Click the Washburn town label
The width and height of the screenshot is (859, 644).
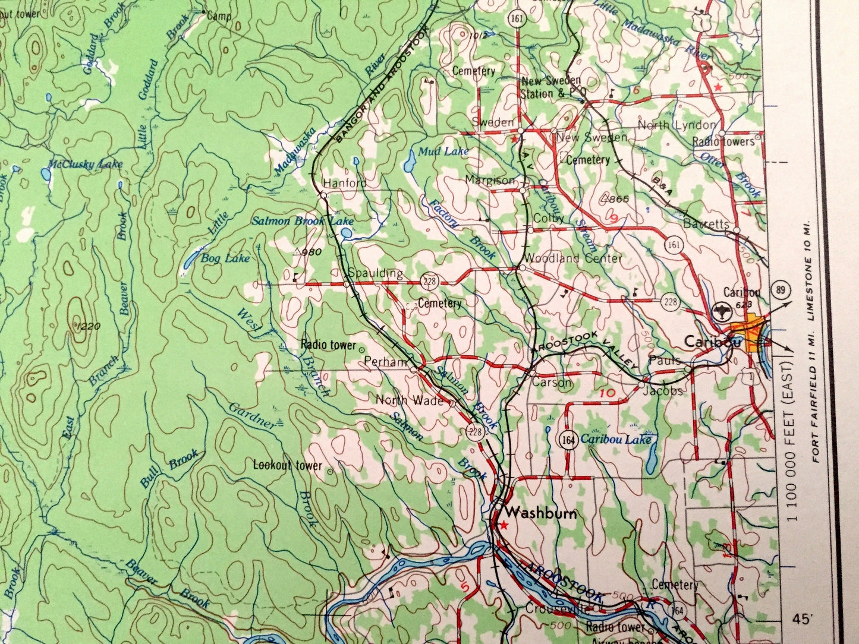coord(540,513)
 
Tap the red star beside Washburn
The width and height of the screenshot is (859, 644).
coord(504,525)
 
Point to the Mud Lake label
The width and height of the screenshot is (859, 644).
coord(443,151)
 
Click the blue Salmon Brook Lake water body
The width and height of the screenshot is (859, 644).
coord(347,233)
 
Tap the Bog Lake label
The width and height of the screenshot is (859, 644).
coord(225,258)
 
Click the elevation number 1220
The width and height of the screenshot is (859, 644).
coord(89,326)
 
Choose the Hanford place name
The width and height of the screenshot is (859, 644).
coord(345,183)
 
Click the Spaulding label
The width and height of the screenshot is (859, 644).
coord(375,273)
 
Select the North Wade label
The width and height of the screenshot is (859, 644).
coord(409,400)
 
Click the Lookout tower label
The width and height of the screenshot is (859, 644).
coord(287,465)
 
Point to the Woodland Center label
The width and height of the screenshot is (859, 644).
coord(572,258)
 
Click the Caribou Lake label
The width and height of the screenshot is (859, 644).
coord(616,439)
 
